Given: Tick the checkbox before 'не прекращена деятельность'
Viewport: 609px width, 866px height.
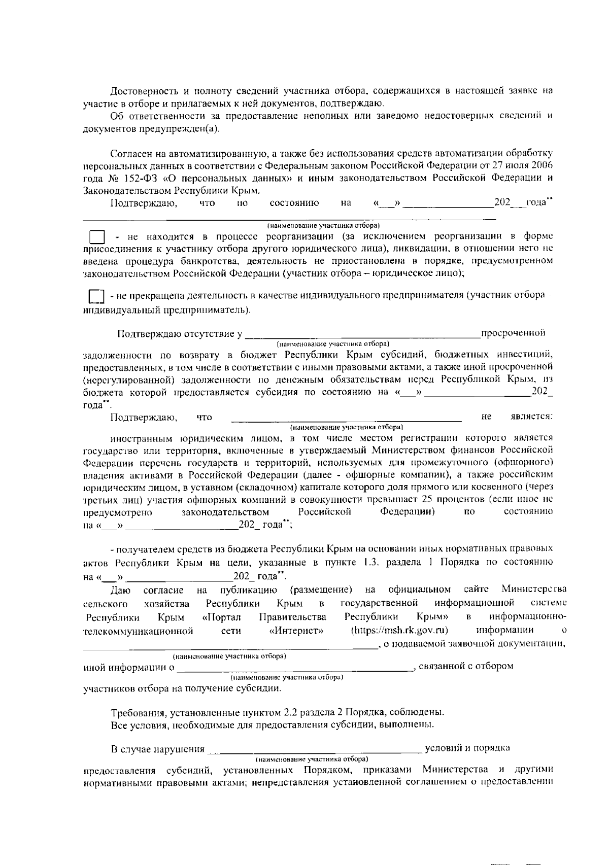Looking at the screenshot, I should pos(96,296).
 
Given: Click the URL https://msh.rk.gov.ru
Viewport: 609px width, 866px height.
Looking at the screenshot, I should pos(399,630).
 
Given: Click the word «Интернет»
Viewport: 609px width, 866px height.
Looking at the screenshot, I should pos(296,631).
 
